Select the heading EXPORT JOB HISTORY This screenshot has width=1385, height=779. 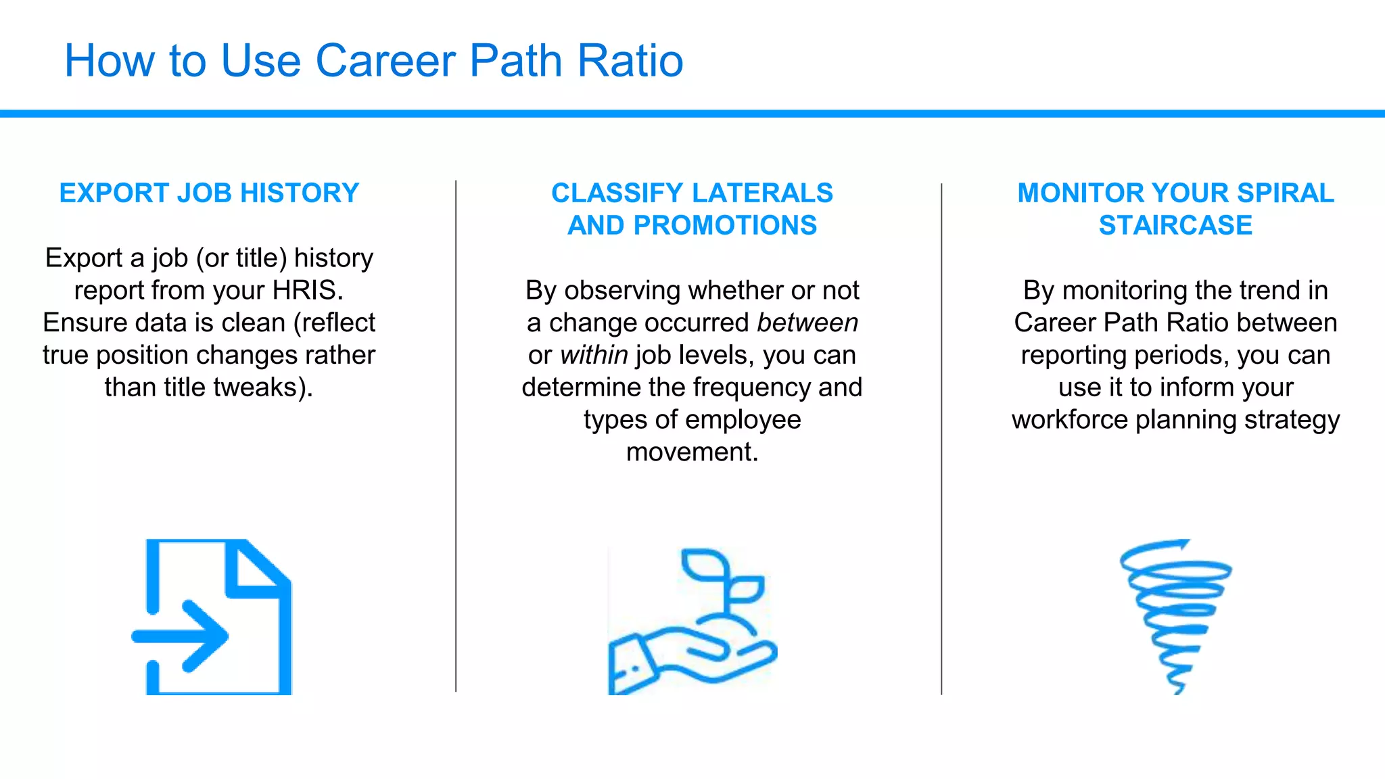click(x=209, y=193)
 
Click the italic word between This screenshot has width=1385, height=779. click(x=807, y=323)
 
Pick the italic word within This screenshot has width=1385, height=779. click(x=594, y=356)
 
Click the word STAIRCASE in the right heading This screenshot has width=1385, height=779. click(x=1175, y=226)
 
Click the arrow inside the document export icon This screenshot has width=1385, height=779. click(x=183, y=636)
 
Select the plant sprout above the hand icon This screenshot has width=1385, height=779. click(x=721, y=579)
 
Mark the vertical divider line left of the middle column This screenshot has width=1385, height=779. click(x=456, y=436)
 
